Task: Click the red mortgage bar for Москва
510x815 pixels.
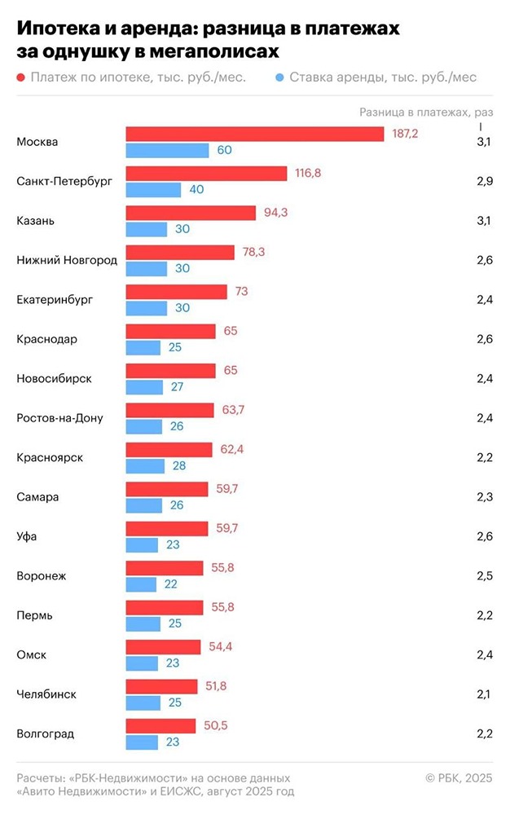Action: (254, 134)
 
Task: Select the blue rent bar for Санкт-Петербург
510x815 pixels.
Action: (153, 190)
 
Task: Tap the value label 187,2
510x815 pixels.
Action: (405, 134)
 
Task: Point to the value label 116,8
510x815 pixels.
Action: (309, 174)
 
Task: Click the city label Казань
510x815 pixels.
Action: (37, 221)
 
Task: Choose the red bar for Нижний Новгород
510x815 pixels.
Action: (180, 253)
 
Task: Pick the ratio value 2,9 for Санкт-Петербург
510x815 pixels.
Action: (484, 181)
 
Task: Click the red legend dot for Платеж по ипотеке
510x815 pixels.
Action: (20, 77)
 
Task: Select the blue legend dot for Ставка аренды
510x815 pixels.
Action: (279, 77)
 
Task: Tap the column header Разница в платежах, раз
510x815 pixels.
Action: (427, 112)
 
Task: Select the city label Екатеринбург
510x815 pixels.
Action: (55, 300)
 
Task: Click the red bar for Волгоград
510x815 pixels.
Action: (160, 726)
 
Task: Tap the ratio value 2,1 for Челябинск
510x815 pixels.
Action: (484, 694)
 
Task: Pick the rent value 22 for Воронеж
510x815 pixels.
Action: (171, 584)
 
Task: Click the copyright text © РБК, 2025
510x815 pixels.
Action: (459, 779)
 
